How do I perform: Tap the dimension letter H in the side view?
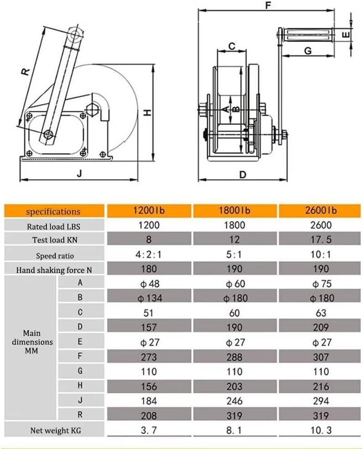coord(147,113)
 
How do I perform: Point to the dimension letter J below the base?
coord(79,173)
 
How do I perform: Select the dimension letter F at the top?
coord(268,5)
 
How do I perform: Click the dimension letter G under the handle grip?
coord(308,51)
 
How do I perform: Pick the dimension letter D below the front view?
coord(242,175)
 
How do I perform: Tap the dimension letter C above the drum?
coord(231,46)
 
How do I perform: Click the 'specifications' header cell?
coord(54,212)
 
